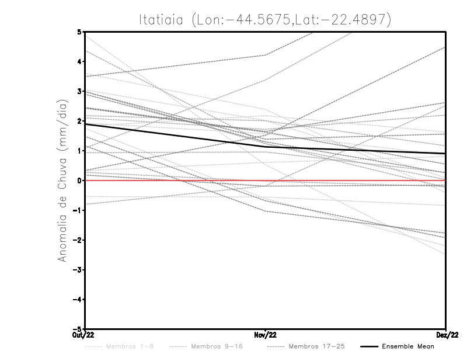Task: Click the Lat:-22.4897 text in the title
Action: click(345, 19)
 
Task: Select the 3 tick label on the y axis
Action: click(79, 91)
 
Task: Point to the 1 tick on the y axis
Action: click(79, 151)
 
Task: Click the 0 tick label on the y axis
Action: click(79, 180)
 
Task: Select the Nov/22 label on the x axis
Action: click(266, 335)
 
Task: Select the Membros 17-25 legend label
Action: click(316, 346)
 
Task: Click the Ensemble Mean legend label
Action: click(408, 346)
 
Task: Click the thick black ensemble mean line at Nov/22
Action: click(266, 147)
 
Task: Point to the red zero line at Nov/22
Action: click(266, 180)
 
